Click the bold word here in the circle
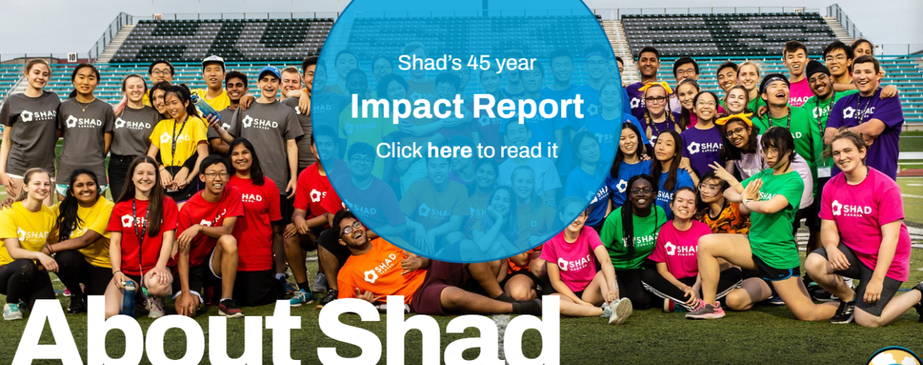pos(449,151)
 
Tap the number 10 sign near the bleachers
pos(71,57)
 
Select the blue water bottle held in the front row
pos(128,299)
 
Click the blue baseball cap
pos(270,73)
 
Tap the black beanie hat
pos(817,69)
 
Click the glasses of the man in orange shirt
pos(351,228)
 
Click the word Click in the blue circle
pos(399,151)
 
